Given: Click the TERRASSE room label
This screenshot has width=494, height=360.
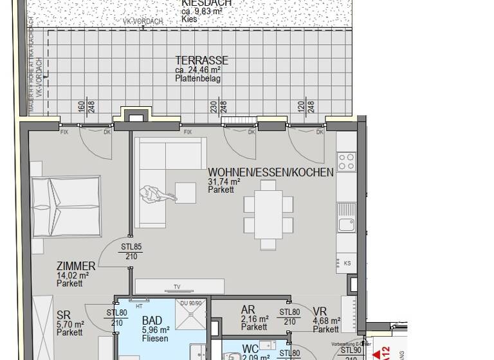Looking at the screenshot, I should click(x=201, y=60).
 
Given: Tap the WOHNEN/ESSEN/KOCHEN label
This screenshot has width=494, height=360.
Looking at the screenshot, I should click(x=271, y=172).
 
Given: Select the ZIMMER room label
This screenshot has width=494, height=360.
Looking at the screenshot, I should click(x=76, y=266).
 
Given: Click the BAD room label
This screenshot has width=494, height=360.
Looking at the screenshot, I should click(x=152, y=321).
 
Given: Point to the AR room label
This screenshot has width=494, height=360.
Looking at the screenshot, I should click(x=248, y=310).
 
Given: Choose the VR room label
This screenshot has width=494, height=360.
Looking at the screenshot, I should click(x=320, y=310).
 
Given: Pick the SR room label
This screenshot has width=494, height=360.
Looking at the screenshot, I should click(x=63, y=315).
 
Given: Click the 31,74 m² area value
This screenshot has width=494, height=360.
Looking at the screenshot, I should click(x=224, y=182).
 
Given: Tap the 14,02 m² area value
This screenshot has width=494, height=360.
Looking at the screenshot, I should click(x=72, y=275).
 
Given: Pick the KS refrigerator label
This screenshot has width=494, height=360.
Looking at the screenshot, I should click(x=347, y=264).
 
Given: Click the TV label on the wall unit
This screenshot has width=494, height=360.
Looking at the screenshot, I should click(x=176, y=287).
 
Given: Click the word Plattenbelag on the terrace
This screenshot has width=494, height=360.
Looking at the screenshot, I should click(x=197, y=78).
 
